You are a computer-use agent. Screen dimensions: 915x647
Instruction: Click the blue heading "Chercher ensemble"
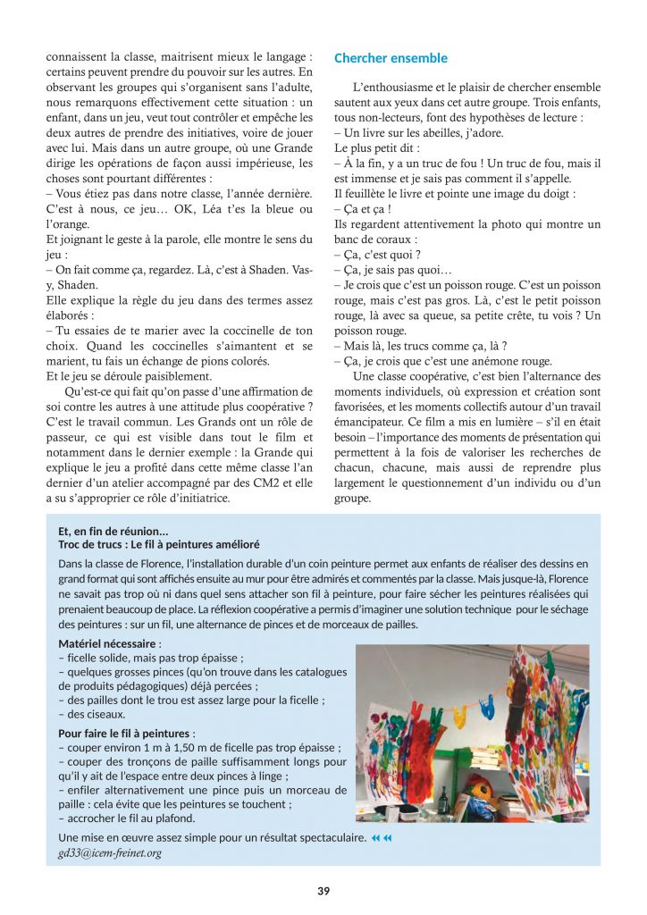[x=391, y=59]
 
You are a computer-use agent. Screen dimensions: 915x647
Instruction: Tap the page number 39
[x=323, y=890]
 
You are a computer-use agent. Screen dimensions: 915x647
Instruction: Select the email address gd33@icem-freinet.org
[x=109, y=852]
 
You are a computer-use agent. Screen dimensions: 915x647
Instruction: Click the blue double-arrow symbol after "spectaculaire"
[x=382, y=838]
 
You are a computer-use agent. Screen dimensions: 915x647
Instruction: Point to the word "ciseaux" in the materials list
[x=105, y=714]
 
